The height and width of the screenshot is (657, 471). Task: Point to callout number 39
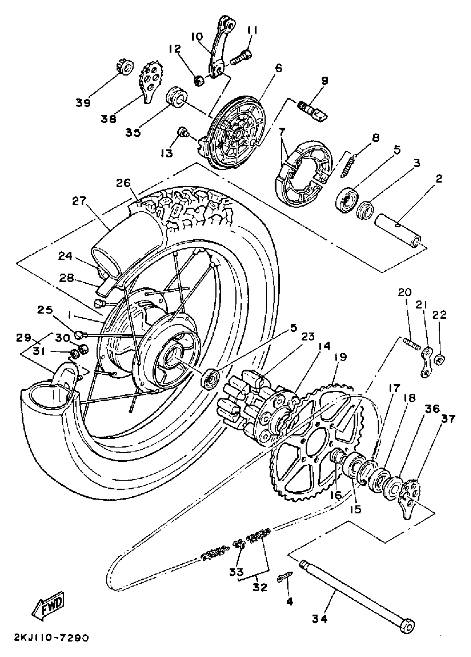tap(83, 102)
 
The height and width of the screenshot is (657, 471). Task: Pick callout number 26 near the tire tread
tap(124, 183)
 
